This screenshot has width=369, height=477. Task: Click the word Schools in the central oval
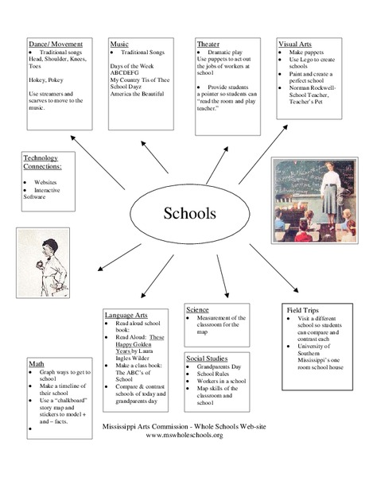click(x=188, y=213)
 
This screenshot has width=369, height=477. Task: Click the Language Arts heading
click(x=125, y=316)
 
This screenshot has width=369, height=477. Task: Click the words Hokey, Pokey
click(x=45, y=81)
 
